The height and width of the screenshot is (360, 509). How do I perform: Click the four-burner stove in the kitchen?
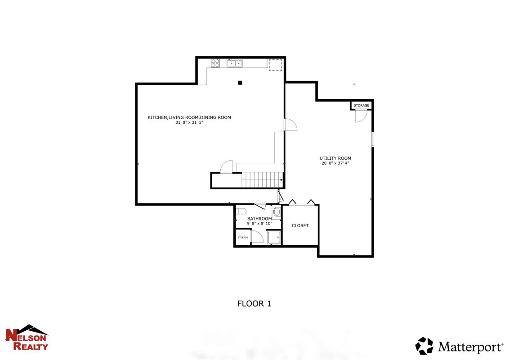pos(215,63)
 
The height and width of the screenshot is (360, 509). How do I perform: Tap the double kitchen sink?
pos(235,63)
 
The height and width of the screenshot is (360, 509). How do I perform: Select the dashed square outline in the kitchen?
pos(275,65)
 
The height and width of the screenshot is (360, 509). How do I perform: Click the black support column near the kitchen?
pos(240,83)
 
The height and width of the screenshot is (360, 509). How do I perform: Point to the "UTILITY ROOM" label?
pos(335,158)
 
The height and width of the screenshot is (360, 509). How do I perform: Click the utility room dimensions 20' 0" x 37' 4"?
pos(335,163)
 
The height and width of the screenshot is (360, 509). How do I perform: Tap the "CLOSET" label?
pos(300,225)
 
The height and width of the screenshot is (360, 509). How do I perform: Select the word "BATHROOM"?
pos(259,219)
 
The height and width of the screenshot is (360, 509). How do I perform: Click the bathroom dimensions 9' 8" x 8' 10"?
pos(259,224)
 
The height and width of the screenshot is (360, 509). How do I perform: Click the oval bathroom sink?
pos(277,212)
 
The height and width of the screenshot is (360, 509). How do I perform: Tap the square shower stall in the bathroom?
pos(274,237)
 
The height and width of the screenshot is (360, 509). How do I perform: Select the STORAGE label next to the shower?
pos(243,238)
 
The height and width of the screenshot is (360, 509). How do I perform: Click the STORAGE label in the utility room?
pos(362,105)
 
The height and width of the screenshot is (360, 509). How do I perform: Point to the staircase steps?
pos(262,180)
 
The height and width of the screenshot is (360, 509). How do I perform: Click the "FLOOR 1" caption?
pos(254,303)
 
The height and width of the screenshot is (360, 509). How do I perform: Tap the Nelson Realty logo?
pos(27,337)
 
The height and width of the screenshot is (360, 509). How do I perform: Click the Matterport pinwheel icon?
pos(424,346)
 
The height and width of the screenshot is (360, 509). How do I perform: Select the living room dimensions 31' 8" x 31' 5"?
pos(189,122)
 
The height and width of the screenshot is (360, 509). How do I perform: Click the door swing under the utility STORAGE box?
pos(361,116)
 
